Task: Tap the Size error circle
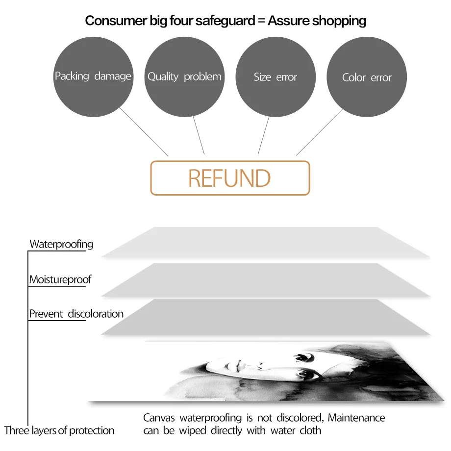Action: (x=276, y=77)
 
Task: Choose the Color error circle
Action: (x=367, y=77)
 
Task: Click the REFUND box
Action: (x=229, y=178)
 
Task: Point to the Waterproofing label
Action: (x=61, y=244)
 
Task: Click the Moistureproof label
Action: (x=60, y=280)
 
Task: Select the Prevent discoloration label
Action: (x=76, y=314)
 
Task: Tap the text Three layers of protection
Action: (x=59, y=431)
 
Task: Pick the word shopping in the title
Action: (x=337, y=21)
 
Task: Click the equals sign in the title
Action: (x=258, y=21)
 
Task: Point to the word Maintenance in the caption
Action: (x=356, y=418)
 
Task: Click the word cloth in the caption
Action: (x=310, y=431)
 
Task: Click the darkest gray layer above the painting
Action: (x=265, y=316)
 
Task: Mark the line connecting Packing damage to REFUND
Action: (x=144, y=131)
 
